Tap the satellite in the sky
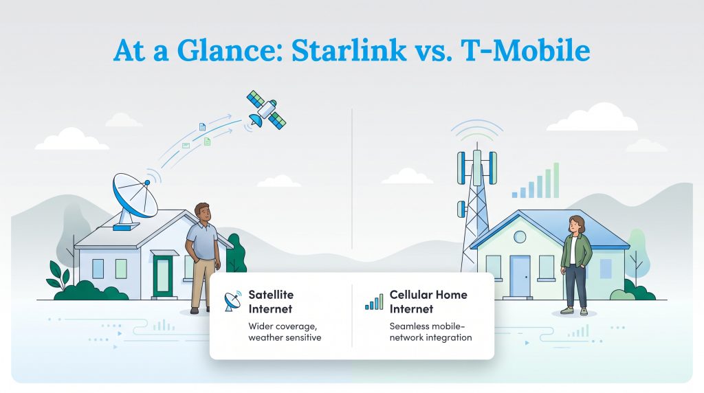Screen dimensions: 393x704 267,110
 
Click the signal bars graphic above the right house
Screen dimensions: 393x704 538,182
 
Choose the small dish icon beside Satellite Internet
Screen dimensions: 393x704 233,301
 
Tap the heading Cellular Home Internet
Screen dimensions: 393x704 428,302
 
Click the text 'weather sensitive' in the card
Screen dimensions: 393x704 285,338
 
